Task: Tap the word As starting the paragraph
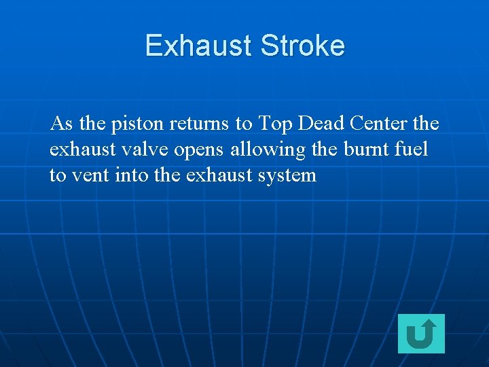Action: (x=62, y=124)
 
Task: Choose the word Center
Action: (x=380, y=124)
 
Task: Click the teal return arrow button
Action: (x=421, y=334)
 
